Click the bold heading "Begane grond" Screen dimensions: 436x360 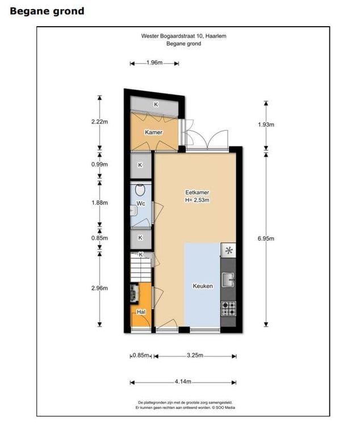click(47, 11)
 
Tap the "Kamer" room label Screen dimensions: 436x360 click(153, 132)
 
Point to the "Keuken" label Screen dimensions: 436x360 click(203, 286)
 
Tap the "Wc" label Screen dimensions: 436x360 click(141, 204)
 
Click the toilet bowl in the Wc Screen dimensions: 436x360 click(141, 190)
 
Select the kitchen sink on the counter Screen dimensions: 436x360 click(228, 278)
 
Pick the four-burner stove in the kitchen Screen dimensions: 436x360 click(228, 308)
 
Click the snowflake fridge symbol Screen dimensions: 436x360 click(228, 250)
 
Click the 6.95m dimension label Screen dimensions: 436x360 click(266, 238)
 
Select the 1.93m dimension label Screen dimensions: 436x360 click(266, 124)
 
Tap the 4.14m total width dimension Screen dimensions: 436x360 click(183, 381)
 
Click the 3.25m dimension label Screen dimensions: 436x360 click(194, 356)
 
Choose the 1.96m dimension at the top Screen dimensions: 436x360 click(154, 63)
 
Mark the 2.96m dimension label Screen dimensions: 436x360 click(99, 288)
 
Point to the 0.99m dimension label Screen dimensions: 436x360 click(99, 165)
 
